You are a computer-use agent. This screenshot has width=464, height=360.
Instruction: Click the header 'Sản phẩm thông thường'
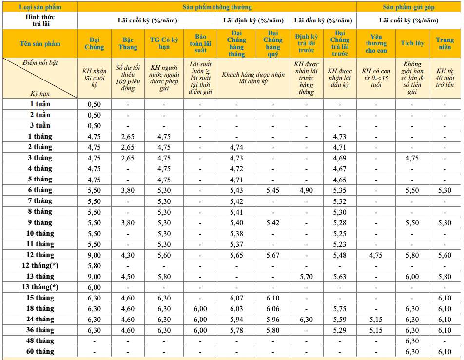point(217,7)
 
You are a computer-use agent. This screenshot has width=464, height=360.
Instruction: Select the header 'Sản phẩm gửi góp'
point(409,7)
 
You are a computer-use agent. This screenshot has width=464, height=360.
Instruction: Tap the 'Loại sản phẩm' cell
point(40,7)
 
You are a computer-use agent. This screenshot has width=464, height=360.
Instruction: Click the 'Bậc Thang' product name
point(128,43)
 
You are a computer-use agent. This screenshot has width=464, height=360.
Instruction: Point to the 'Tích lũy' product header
point(412,43)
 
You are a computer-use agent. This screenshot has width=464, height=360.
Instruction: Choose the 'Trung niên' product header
point(445,43)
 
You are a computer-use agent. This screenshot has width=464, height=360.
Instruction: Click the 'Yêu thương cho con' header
point(375,43)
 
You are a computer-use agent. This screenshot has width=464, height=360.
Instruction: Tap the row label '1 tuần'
point(40,104)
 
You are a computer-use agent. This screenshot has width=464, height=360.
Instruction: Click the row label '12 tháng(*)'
point(40,265)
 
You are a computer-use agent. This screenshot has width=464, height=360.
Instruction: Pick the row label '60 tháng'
point(40,351)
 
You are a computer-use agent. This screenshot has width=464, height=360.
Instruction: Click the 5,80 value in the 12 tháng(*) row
point(94,266)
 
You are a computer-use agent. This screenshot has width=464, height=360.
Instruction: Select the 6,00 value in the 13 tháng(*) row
point(94,287)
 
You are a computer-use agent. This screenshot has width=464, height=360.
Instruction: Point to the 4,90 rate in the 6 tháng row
point(306,190)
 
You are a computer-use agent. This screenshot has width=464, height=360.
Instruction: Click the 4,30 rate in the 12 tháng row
point(128,255)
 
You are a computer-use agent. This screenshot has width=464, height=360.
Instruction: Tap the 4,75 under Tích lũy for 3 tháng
point(412,158)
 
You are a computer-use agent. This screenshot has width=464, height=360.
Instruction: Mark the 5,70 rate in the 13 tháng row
point(306,277)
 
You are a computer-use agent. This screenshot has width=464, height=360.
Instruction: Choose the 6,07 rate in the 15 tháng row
point(236,298)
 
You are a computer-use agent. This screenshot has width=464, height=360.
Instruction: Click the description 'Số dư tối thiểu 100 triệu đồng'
point(128,78)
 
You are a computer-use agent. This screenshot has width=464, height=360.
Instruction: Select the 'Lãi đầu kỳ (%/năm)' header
point(323,20)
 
